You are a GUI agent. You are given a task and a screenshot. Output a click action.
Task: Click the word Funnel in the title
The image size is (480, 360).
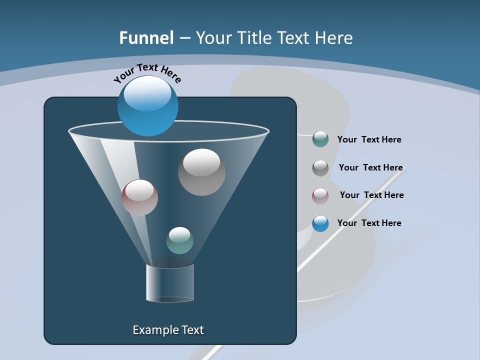click(146, 38)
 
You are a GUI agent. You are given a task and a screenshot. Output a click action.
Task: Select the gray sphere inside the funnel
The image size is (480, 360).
click(201, 172)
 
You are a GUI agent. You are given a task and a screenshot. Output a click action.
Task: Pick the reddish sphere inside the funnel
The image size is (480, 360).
click(139, 197)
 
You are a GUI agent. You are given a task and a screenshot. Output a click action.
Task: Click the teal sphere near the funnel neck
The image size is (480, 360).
click(179, 240)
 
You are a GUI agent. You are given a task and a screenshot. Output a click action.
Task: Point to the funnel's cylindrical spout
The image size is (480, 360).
click(170, 283)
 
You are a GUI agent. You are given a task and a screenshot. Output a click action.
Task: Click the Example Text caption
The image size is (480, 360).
click(168, 330)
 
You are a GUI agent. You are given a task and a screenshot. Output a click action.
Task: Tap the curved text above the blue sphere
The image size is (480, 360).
click(147, 72)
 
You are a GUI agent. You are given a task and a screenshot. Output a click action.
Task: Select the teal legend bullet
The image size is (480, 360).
click(320, 139)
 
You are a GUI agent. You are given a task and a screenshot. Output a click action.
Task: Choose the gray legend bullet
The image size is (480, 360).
click(320, 167)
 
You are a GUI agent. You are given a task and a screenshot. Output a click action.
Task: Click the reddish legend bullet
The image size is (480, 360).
click(320, 195)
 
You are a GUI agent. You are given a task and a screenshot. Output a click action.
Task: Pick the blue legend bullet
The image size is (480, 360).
click(320, 223)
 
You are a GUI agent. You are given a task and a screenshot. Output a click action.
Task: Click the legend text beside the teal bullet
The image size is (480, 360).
click(369, 139)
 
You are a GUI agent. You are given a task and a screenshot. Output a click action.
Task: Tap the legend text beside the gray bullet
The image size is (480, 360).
click(370, 167)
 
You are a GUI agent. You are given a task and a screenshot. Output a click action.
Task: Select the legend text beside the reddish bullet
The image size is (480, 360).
click(371, 195)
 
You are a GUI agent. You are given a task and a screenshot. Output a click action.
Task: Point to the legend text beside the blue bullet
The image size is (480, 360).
click(369, 223)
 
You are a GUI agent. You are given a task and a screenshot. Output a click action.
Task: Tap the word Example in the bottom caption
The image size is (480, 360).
click(153, 330)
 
